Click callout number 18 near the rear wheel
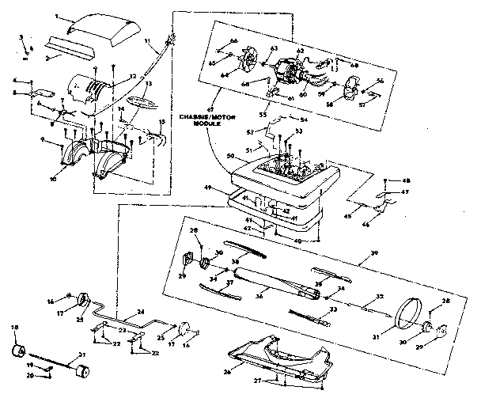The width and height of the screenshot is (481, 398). tap(13, 327)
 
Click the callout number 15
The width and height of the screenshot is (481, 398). tap(163, 121)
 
